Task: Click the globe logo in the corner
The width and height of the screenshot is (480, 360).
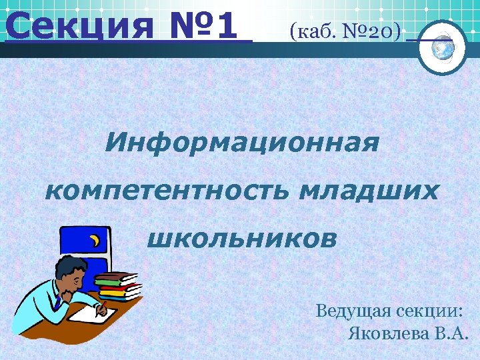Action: click(x=441, y=46)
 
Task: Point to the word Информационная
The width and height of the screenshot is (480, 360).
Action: click(x=242, y=142)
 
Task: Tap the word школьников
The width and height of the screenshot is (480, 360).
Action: click(x=241, y=239)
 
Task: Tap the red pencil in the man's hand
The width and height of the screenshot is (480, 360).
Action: click(x=102, y=307)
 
